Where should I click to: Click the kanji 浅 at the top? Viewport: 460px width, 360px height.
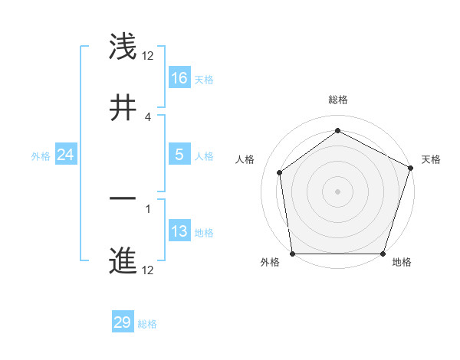coord(123,47)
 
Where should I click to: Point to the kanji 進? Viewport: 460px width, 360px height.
coord(123,260)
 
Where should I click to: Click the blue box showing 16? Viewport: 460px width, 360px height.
coord(179,78)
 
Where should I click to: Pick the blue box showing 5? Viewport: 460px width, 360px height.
coord(179,155)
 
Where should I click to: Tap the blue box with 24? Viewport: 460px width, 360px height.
coord(66,155)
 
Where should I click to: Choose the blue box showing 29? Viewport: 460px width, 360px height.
coord(123,322)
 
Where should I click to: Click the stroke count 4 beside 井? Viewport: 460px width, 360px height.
coord(148,116)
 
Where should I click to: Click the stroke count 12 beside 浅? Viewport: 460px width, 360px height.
coord(148,56)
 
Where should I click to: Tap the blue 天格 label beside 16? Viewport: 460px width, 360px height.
coord(203,79)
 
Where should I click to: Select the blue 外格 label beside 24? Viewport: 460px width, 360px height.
coord(41,155)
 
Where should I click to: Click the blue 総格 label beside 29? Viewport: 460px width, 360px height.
coord(147,324)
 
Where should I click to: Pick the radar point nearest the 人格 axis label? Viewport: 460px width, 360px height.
coord(280,172)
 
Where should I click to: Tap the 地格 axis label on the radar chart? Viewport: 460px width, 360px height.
coord(402,262)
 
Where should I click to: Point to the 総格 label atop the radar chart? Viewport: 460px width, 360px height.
coord(338,100)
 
